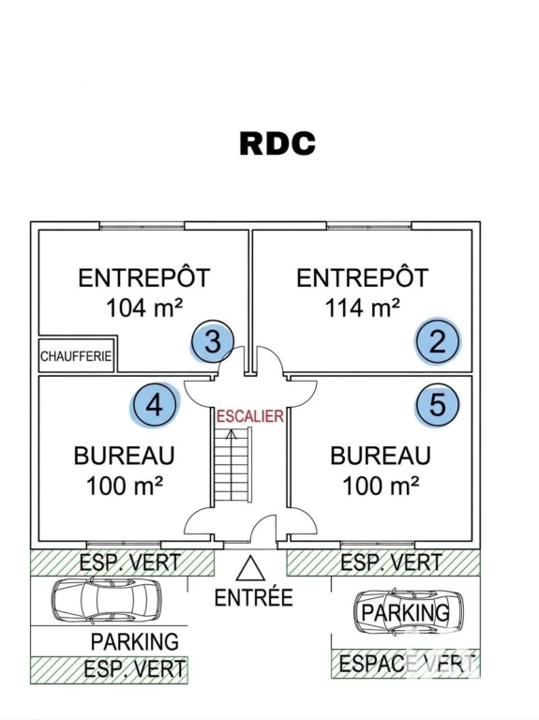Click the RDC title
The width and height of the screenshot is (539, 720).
click(x=277, y=143)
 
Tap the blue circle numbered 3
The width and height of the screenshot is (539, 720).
click(x=213, y=342)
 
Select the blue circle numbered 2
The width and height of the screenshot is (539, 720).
click(x=438, y=341)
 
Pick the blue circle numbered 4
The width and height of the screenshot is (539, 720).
click(x=155, y=405)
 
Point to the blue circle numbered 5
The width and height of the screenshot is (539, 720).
click(x=438, y=404)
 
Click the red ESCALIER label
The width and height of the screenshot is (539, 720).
click(x=250, y=416)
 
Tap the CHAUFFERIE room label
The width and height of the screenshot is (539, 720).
click(x=76, y=356)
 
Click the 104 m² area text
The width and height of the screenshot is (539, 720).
click(x=144, y=307)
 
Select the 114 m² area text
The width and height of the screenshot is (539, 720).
click(x=362, y=307)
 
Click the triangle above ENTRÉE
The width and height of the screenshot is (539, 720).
click(x=250, y=569)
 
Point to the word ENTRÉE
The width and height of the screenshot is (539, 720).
click(x=253, y=598)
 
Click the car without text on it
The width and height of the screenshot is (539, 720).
click(x=106, y=599)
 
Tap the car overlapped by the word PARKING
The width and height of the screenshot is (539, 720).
click(x=409, y=612)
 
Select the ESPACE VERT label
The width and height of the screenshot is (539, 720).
click(x=406, y=664)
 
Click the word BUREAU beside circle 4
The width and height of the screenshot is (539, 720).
click(x=125, y=456)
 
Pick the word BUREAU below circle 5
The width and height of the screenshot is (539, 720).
click(x=381, y=456)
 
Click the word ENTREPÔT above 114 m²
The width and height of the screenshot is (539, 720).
click(x=362, y=277)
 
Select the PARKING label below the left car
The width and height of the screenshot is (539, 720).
click(x=135, y=641)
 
